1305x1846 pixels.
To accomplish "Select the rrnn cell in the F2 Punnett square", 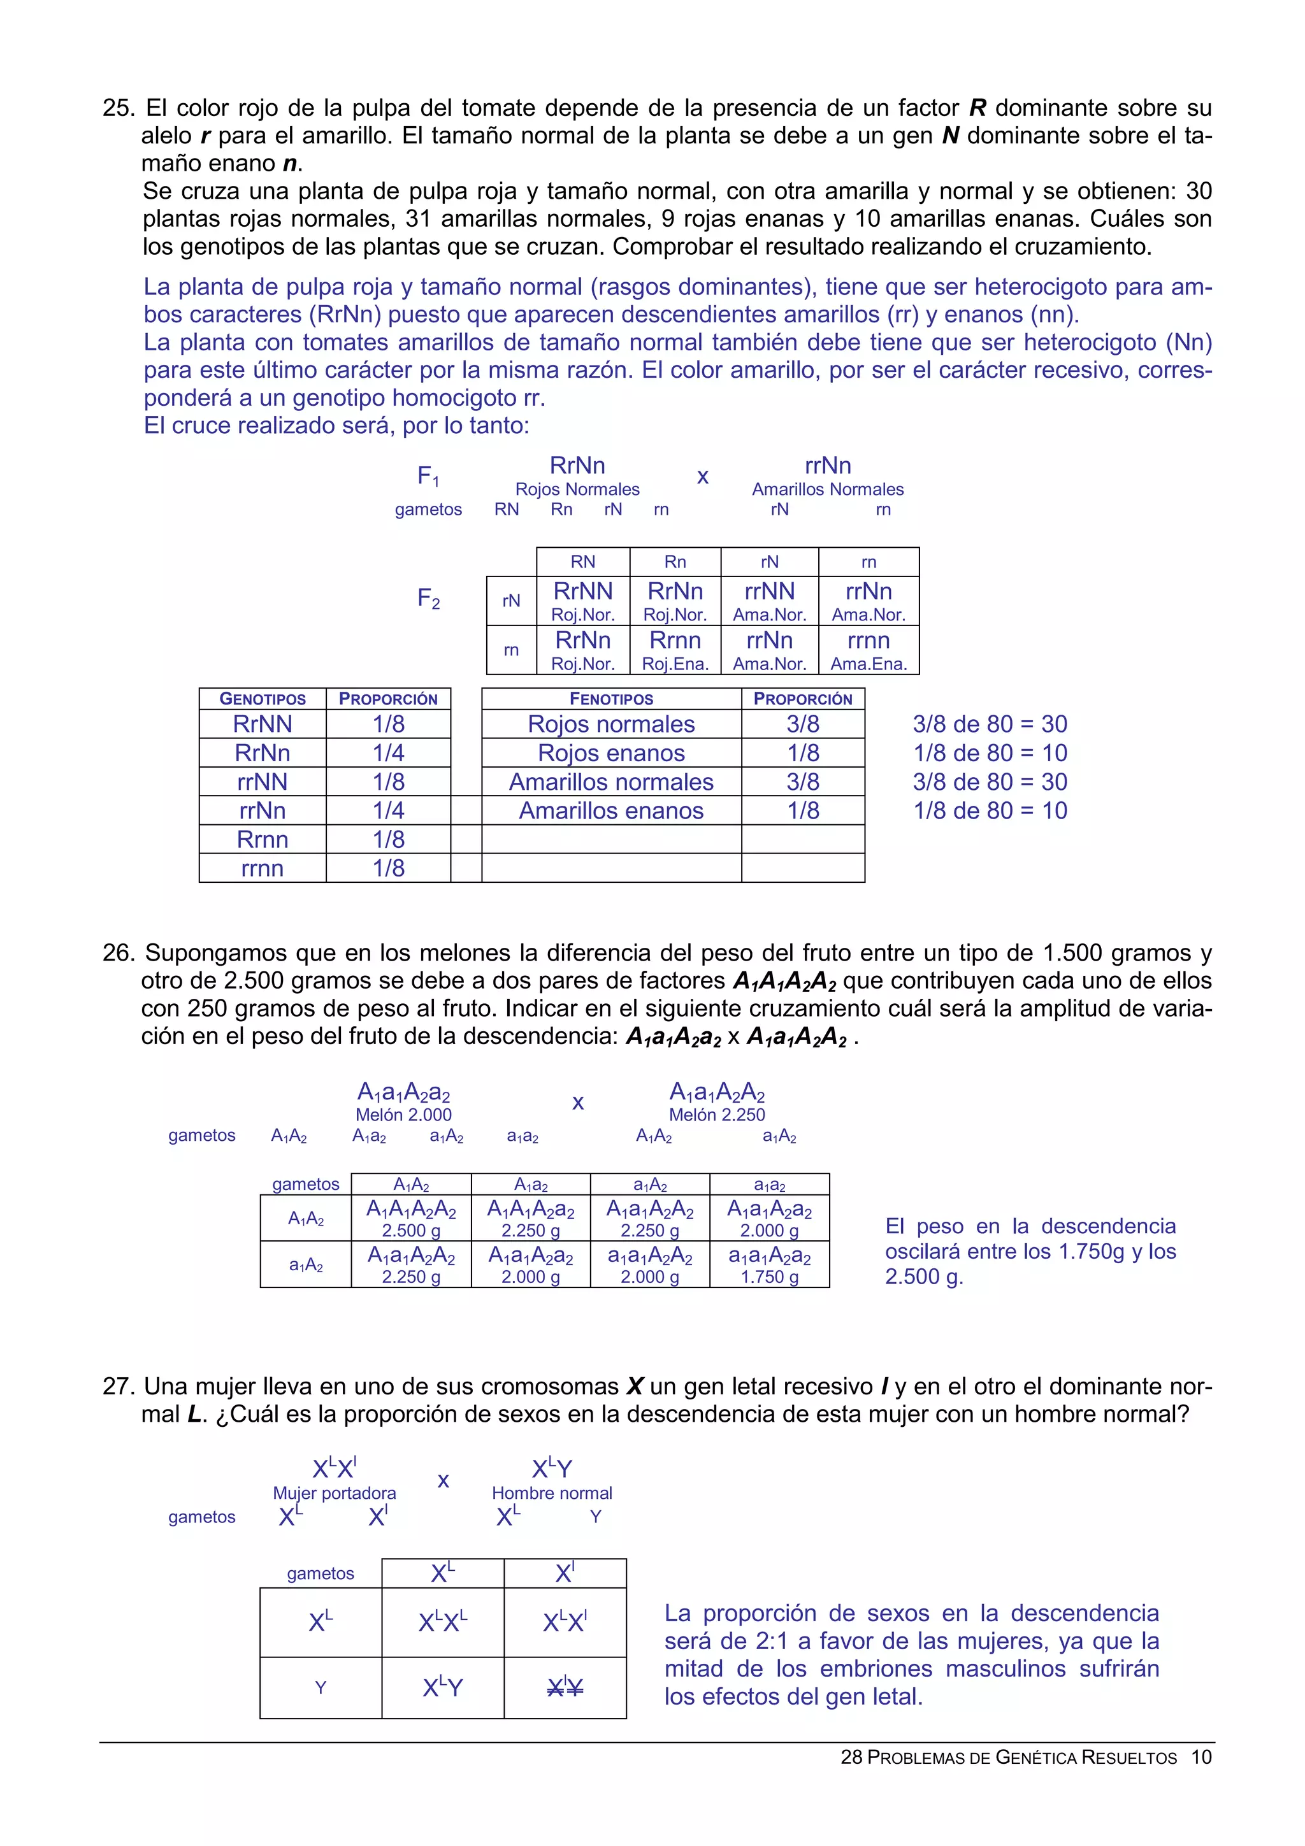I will [x=869, y=650].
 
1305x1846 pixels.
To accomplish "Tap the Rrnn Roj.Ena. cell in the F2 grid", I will [x=675, y=650].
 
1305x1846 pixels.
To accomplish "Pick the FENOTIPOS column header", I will [x=611, y=699].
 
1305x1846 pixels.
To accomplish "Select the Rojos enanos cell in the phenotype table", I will [x=611, y=754].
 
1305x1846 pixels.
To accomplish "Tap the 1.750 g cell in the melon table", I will [x=770, y=1264].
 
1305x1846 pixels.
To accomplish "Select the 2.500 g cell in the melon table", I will [x=411, y=1218].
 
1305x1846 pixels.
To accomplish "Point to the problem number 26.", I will [x=117, y=953].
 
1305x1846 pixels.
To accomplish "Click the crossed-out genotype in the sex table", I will [x=565, y=1687].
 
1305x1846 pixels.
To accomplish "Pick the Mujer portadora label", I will [x=335, y=1493].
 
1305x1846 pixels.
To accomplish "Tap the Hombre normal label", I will [x=552, y=1493].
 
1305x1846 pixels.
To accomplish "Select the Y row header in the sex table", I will [x=321, y=1687].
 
